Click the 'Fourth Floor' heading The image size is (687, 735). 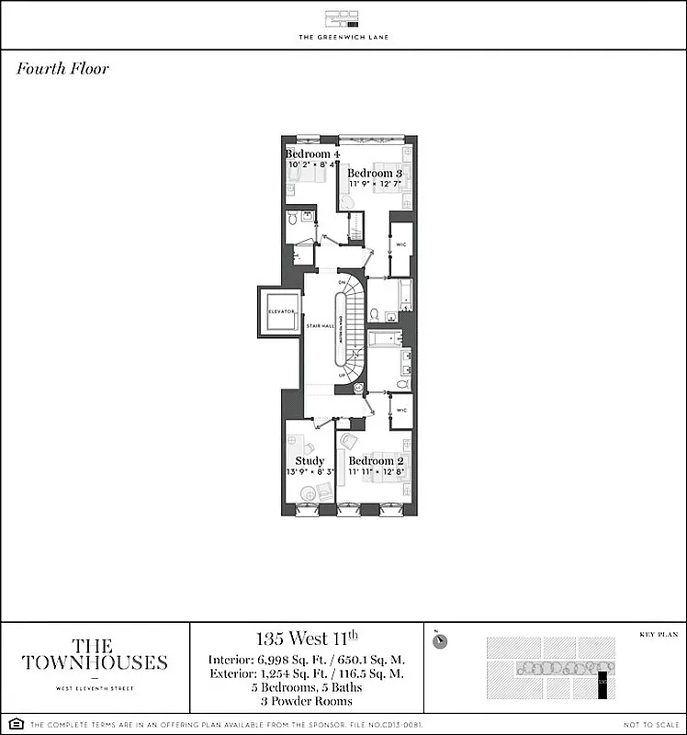click(x=62, y=69)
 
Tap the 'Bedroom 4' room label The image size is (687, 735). click(x=310, y=153)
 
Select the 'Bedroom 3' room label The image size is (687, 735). click(x=375, y=173)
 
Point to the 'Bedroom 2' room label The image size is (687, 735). click(x=377, y=460)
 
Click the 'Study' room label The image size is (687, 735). click(x=310, y=460)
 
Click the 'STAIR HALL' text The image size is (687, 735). click(x=319, y=325)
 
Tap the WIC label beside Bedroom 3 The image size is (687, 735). click(x=401, y=244)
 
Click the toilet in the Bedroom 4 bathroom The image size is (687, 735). click(x=293, y=219)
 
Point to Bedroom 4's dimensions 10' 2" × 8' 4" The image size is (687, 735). click(x=310, y=165)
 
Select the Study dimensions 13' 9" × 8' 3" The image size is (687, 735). click(x=310, y=472)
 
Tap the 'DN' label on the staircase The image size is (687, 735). click(x=342, y=281)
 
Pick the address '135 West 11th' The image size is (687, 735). click(x=307, y=638)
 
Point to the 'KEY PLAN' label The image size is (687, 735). click(x=658, y=634)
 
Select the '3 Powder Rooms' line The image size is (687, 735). click(x=307, y=700)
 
